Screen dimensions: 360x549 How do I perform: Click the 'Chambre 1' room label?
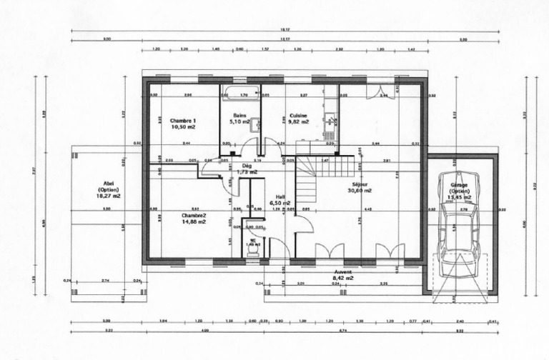183,121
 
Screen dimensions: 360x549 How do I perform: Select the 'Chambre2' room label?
193,215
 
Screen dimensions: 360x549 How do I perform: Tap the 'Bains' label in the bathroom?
239,115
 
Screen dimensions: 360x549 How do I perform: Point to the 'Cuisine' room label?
299,115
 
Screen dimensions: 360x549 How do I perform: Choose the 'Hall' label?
281,196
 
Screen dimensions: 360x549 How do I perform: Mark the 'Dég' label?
247,166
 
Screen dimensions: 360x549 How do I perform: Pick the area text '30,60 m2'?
360,191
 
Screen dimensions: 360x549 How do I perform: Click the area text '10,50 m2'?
183,127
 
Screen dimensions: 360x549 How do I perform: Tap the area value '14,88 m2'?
193,221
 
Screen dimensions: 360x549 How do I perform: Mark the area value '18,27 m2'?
109,195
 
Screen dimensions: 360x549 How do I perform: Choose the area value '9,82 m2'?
299,122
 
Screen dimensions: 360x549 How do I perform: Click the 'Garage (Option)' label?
459,189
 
